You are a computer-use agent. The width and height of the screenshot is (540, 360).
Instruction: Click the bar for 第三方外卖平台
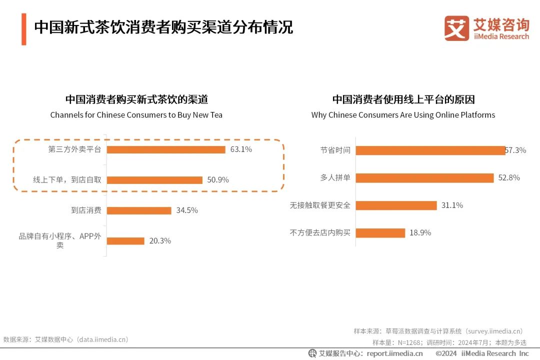166,149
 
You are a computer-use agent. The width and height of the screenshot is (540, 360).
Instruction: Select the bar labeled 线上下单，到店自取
154,180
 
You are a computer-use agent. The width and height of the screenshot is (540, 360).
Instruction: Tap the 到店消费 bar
139,210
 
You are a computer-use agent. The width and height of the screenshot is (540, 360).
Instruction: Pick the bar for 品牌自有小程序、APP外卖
125,241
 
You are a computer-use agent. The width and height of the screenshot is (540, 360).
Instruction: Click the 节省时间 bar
430,150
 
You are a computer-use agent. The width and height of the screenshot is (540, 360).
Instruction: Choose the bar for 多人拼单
424,178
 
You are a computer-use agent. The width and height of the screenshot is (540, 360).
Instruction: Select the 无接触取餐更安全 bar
396,205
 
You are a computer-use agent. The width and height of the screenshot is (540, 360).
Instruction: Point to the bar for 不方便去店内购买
380,233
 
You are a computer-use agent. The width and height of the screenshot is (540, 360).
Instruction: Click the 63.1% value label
241,149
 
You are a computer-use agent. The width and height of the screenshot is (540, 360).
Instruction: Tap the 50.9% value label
218,180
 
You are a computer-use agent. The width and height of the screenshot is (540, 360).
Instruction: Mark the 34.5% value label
187,210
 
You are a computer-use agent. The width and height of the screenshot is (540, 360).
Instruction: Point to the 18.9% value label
420,233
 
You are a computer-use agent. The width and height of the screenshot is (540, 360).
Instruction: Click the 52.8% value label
509,178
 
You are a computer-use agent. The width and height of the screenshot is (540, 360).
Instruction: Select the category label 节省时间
335,150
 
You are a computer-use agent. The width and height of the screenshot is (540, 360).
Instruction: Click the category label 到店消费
86,210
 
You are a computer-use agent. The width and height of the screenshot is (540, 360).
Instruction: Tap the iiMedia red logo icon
456,28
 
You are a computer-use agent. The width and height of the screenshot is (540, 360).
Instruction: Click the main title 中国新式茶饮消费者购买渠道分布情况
163,27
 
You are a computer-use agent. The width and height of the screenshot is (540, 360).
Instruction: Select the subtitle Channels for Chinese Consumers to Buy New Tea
136,115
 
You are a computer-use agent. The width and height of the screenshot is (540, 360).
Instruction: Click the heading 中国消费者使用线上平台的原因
403,99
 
